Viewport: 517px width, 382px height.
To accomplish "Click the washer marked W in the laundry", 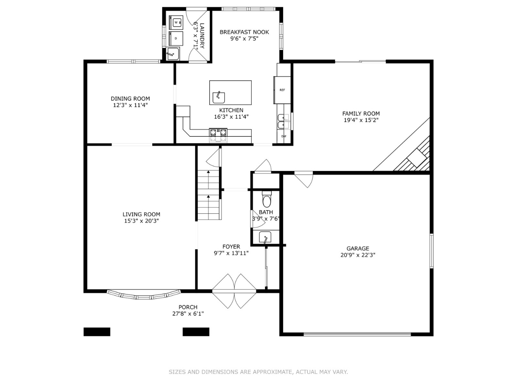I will click(x=176, y=22).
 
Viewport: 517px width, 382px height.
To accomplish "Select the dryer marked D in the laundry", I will click(x=176, y=38).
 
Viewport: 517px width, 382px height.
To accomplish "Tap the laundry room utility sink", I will click(x=173, y=54).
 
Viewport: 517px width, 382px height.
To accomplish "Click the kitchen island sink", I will click(x=219, y=97).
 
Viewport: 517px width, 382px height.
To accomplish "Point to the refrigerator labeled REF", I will click(x=282, y=90).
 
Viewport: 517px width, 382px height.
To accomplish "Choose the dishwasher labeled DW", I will click(x=284, y=136).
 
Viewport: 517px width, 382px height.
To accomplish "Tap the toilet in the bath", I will click(x=267, y=200).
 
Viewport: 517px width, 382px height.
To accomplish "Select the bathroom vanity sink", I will click(x=265, y=237).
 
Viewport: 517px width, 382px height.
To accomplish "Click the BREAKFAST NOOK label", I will click(x=244, y=32).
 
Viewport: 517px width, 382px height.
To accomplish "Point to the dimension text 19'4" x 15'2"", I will click(x=361, y=120).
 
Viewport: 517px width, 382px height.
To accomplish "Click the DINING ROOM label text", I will click(x=130, y=99).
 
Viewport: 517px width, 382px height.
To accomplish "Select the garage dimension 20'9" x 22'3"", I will click(x=358, y=255).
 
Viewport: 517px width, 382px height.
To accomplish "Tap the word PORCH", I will click(x=188, y=307).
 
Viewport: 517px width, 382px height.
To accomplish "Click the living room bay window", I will click(x=144, y=295).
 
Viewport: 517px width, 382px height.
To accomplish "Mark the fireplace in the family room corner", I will click(x=415, y=157).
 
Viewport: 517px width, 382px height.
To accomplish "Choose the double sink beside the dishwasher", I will click(x=283, y=121).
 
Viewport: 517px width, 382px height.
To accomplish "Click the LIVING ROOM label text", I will click(x=141, y=215).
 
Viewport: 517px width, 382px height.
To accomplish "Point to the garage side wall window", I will click(x=431, y=250).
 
